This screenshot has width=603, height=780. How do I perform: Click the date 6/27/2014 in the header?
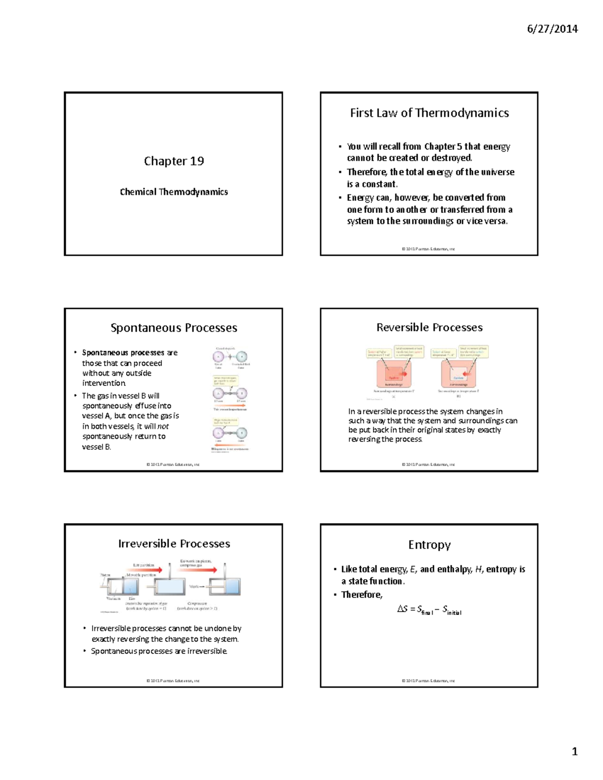point(552,29)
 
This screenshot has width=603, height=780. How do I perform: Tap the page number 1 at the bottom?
point(574,752)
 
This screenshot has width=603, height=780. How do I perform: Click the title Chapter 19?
point(174,161)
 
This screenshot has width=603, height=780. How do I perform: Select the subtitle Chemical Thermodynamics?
point(174,192)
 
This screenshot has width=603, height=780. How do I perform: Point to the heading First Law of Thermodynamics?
point(429,113)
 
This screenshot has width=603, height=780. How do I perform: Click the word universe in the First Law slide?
point(497,172)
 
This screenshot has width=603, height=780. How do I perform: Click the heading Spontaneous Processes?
point(174,328)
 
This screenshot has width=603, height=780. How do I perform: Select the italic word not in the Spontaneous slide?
point(163,426)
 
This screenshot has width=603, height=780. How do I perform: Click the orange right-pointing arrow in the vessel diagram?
point(230,405)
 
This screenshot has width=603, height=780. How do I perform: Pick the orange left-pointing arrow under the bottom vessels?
point(230,445)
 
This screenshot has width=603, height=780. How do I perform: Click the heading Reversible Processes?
point(429,327)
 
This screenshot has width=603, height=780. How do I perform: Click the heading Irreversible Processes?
point(174,544)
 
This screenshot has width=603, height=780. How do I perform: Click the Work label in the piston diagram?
point(194,587)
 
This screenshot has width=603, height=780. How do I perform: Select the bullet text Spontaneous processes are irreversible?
point(159,651)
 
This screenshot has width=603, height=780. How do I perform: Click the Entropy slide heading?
point(429,545)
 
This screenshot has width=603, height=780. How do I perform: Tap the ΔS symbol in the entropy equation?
point(402,609)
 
